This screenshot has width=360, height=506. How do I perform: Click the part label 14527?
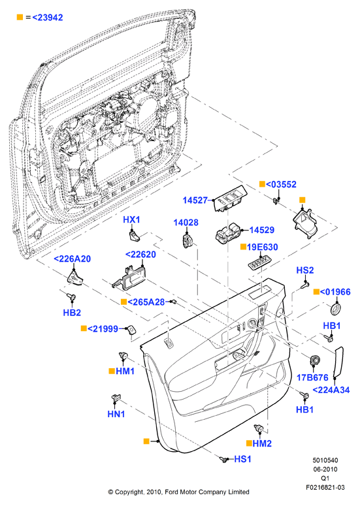pyautogui.click(x=195, y=200)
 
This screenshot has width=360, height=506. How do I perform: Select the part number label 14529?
pyautogui.click(x=262, y=230)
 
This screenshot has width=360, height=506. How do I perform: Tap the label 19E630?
pyautogui.click(x=262, y=247)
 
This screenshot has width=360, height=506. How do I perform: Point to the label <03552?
pyautogui.click(x=281, y=184)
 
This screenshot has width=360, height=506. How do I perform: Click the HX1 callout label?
pyautogui.click(x=132, y=220)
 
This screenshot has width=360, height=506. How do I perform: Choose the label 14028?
pyautogui.click(x=186, y=223)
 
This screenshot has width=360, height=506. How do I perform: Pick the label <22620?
pyautogui.click(x=140, y=254)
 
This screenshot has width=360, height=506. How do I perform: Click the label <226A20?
pyautogui.click(x=72, y=259)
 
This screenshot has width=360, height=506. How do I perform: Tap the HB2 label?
pyautogui.click(x=72, y=312)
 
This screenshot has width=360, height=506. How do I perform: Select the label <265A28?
pyautogui.click(x=146, y=302)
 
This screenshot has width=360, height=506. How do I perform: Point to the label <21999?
pyautogui.click(x=103, y=329)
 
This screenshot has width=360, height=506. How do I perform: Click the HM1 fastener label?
pyautogui.click(x=125, y=371)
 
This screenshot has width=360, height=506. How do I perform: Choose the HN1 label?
pyautogui.click(x=116, y=414)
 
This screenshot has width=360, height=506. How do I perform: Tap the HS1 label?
pyautogui.click(x=242, y=459)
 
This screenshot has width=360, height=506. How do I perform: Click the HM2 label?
pyautogui.click(x=262, y=443)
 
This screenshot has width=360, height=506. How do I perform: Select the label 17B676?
pyautogui.click(x=312, y=377)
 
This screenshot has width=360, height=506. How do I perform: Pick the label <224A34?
pyautogui.click(x=331, y=390)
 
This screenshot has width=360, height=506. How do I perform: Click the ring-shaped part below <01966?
pyautogui.click(x=335, y=308)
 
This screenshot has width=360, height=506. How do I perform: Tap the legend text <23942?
pyautogui.click(x=48, y=18)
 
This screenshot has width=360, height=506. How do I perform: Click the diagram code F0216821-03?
pyautogui.click(x=325, y=487)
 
